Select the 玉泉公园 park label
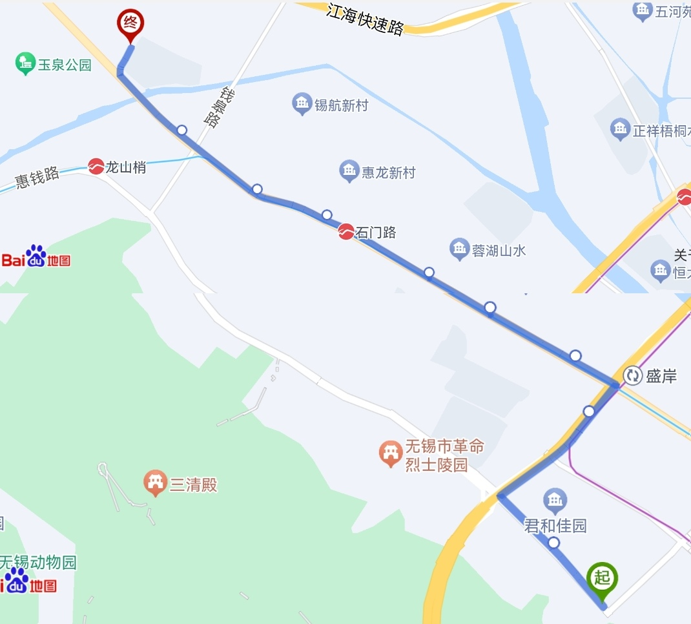coord(65,65)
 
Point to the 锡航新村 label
coord(341,105)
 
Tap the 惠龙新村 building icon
coord(349,171)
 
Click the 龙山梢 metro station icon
coord(96,167)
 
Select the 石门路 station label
coord(375,233)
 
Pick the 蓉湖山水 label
coord(499,251)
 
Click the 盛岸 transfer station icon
coord(632,375)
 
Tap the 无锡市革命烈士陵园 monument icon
coord(390,453)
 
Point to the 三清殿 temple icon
coord(156,483)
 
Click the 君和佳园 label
coord(555,526)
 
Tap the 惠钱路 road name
coord(37,176)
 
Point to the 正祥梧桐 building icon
coord(620,129)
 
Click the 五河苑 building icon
coord(643,11)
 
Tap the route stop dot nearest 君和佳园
coord(553,543)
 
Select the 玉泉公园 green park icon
coord(25,63)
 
